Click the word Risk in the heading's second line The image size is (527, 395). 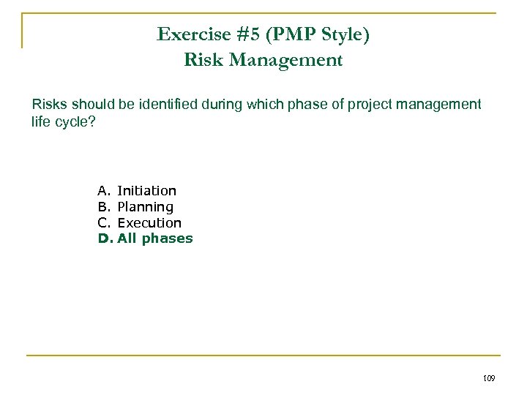tap(203, 60)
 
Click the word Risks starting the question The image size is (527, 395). tap(49, 105)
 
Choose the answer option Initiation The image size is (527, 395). tap(146, 191)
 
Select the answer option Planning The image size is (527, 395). tap(145, 207)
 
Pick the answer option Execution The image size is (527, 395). tap(149, 222)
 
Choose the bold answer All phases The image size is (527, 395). tap(154, 238)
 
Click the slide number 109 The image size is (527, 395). tap(490, 378)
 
